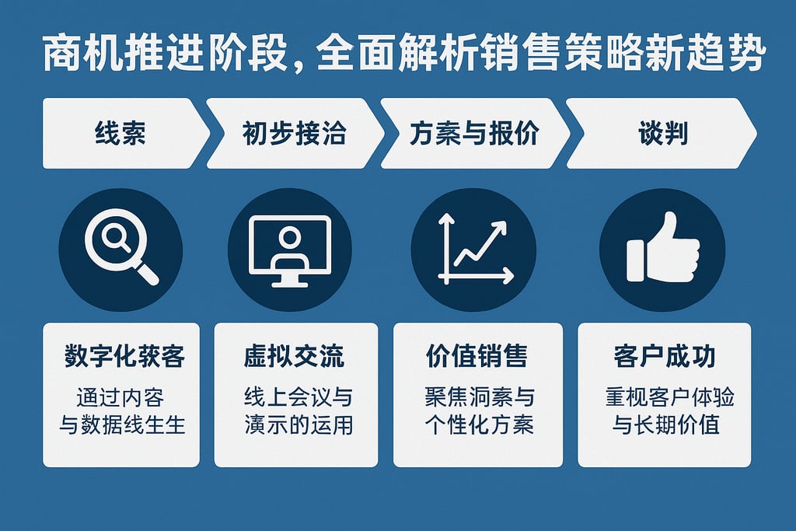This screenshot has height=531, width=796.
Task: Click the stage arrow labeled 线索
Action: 120,134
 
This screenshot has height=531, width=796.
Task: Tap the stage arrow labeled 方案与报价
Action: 473,134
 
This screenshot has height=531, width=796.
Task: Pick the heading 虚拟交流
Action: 294,357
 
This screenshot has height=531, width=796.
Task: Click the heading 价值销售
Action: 477,357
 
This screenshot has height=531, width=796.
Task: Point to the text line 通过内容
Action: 120,398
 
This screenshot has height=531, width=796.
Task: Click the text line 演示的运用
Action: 298,425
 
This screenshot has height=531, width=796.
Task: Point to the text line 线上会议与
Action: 298,398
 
